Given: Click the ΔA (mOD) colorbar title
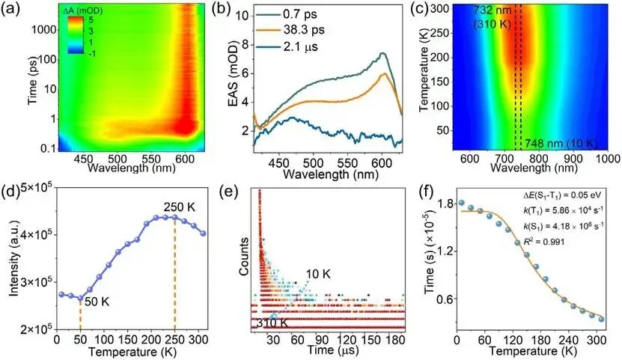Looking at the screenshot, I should pyautogui.click(x=84, y=10).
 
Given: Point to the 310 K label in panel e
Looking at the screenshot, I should pyautogui.click(x=269, y=324).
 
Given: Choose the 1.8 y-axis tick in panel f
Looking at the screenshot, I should pyautogui.click(x=445, y=204).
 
